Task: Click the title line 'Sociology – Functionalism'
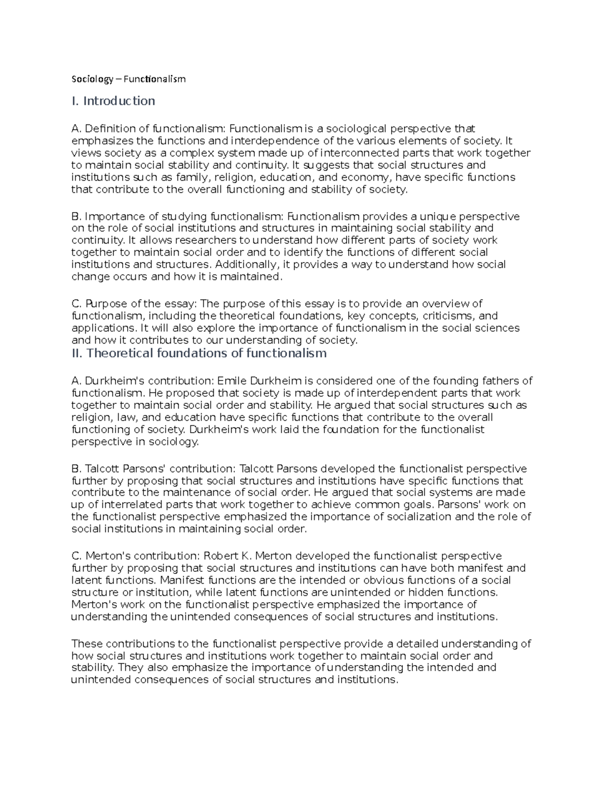pos(129,79)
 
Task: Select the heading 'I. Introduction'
pos(113,101)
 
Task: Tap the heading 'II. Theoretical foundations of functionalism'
pos(199,353)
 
